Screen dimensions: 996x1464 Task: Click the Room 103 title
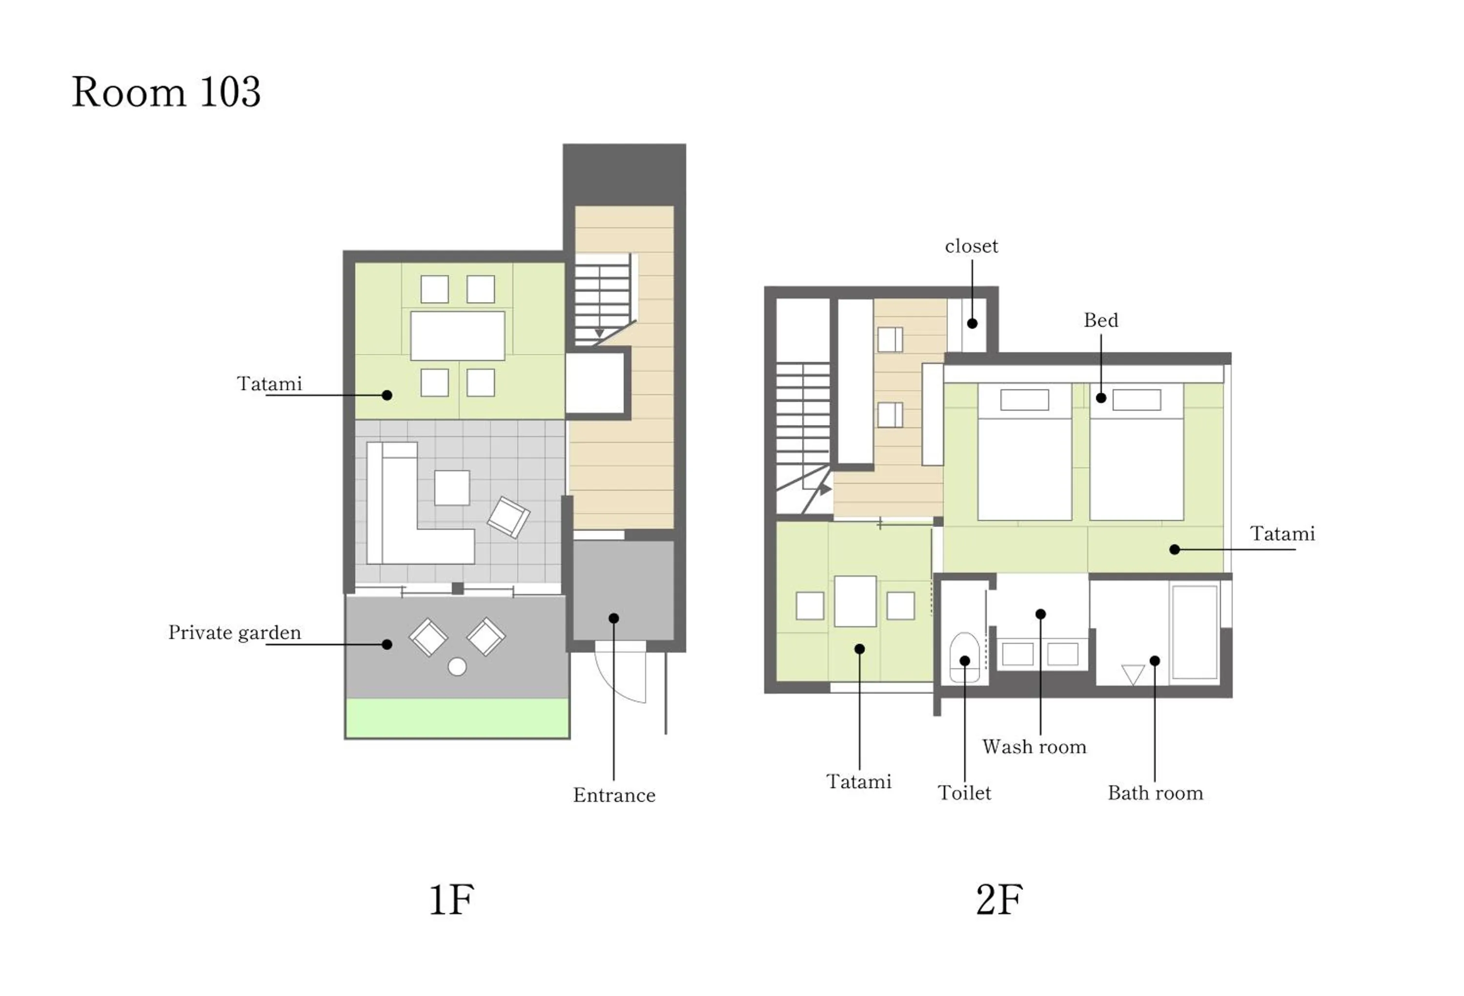click(166, 92)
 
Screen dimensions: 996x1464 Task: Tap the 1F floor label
click(451, 900)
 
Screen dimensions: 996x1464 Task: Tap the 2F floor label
click(998, 900)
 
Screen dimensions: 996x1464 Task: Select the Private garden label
click(234, 633)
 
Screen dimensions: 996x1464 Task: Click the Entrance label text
click(613, 795)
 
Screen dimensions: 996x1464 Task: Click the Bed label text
click(1100, 320)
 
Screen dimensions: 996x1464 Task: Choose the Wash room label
click(1034, 747)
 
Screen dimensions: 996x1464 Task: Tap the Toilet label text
click(964, 793)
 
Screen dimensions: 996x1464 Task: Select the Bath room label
click(1155, 793)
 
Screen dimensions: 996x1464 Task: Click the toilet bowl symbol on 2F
click(964, 658)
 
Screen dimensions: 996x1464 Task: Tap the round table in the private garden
click(457, 667)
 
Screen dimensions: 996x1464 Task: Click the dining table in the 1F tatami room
click(457, 336)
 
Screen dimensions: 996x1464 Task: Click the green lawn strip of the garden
click(457, 717)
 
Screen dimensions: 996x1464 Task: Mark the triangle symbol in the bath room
click(1133, 674)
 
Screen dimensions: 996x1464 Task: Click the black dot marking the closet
click(972, 323)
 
